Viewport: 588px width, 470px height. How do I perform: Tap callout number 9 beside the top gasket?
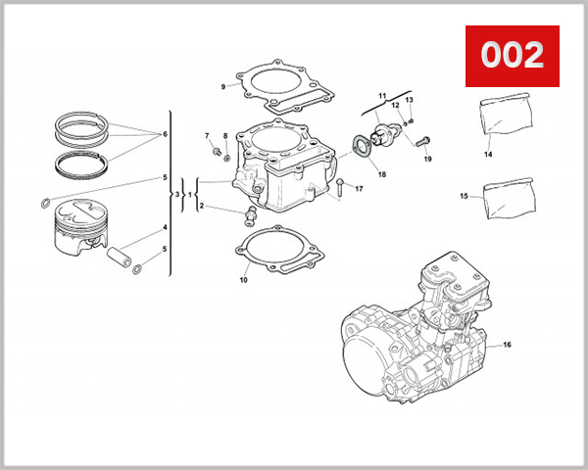tap(222, 87)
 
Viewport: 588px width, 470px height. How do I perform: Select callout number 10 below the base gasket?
tap(244, 280)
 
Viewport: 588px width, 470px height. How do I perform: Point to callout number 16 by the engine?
tap(508, 345)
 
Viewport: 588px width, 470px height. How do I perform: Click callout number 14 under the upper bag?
tap(487, 154)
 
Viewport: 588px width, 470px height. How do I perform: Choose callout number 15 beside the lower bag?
tap(464, 197)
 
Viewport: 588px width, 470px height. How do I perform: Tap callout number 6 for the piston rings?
tap(165, 134)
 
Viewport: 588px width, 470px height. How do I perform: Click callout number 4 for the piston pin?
tap(165, 227)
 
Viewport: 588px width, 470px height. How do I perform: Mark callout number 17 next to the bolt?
tap(359, 188)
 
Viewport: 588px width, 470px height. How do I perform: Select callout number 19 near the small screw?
tap(427, 159)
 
